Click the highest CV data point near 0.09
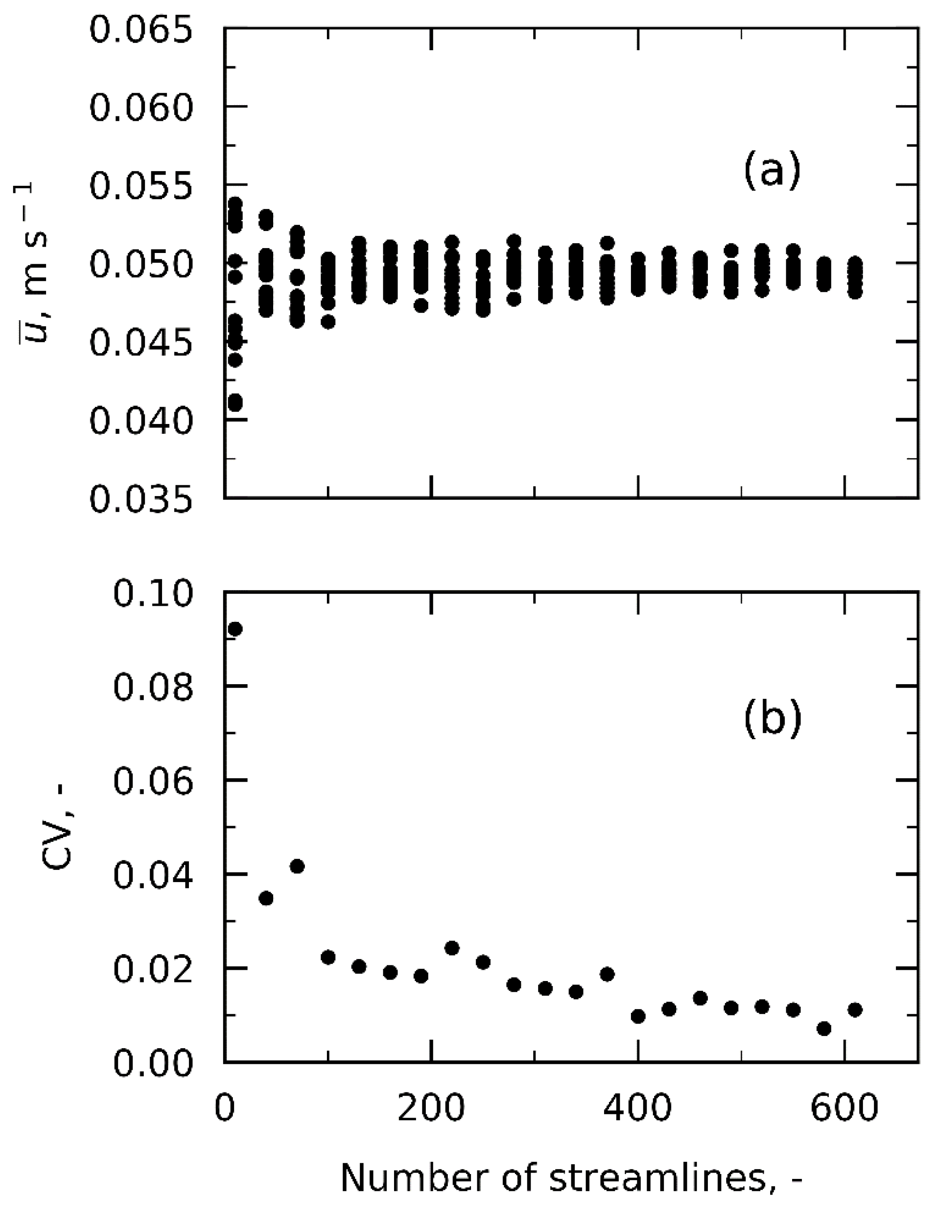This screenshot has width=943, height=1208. click(235, 629)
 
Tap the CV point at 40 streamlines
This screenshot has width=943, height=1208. click(266, 898)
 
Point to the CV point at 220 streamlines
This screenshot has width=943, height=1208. click(452, 948)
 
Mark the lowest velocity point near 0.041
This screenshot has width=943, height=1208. click(235, 402)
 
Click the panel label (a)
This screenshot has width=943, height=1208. click(772, 172)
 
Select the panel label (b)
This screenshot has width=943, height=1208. click(772, 719)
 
